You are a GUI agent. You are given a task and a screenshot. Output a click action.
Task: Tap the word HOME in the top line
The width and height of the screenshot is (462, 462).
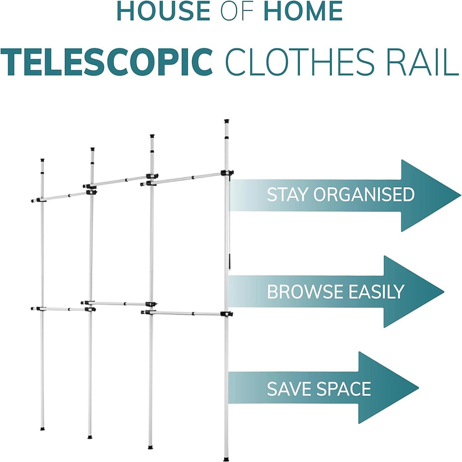click(303, 13)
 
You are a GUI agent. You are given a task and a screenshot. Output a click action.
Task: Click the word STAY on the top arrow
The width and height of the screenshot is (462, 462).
click(288, 195)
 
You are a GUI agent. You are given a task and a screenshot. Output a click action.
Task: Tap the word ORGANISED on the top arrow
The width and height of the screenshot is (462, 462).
click(364, 195)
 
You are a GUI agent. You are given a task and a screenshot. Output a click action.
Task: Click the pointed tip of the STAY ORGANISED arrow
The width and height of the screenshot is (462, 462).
click(459, 195)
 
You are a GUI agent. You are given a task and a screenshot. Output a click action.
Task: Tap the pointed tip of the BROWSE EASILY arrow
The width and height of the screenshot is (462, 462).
click(442, 292)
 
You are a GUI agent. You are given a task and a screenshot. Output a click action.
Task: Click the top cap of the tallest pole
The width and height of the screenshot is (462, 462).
click(226, 122)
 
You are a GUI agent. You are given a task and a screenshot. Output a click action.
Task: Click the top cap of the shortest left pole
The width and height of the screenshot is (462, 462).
click(42, 159)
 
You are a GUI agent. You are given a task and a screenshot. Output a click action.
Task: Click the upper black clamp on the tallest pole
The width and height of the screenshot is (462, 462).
click(227, 172)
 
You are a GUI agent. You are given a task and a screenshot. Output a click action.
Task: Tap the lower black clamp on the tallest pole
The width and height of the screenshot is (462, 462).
click(226, 314)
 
